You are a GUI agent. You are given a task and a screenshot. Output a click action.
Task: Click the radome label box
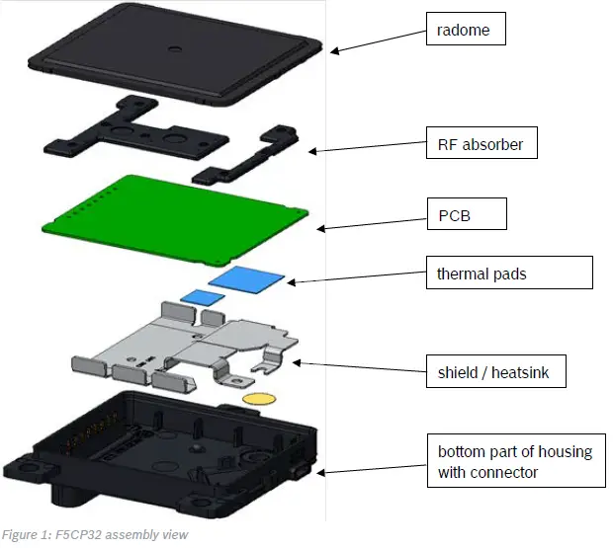coord(464,30)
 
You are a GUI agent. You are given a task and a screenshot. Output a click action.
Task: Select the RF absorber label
coord(479,144)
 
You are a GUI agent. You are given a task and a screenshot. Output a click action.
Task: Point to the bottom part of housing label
coord(514,460)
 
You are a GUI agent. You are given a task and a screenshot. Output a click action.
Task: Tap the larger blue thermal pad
coord(248,279)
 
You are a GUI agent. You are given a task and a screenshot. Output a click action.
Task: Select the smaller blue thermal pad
coord(201,295)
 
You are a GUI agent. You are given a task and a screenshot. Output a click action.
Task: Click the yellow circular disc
coord(258,400)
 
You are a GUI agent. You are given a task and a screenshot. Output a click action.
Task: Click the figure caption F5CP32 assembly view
coord(94,535)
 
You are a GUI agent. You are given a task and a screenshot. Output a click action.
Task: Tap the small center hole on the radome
coord(173,45)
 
